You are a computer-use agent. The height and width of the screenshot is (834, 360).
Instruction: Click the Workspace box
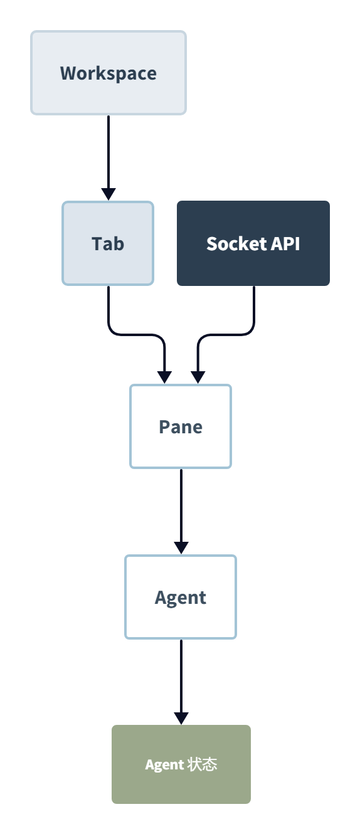[x=109, y=73]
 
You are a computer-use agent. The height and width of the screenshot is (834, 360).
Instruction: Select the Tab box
[x=108, y=243]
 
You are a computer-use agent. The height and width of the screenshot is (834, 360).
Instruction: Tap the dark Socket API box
[x=253, y=243]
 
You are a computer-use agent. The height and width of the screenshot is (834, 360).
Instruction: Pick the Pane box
[x=181, y=426]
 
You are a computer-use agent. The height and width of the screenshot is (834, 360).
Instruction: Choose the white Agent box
[x=181, y=597]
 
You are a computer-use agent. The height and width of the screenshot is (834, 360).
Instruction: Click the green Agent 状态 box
[x=181, y=764]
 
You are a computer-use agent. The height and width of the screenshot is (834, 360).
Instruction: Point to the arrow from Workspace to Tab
[x=109, y=158]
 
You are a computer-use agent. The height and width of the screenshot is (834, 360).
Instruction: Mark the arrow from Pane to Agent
[x=181, y=512]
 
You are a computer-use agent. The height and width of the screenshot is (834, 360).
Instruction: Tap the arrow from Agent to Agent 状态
[x=181, y=682]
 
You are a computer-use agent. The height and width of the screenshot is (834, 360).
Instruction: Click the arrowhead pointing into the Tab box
[x=109, y=194]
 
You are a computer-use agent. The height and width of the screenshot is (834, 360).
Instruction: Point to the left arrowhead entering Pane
[x=164, y=377]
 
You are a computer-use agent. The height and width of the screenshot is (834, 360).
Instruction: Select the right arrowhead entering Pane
[x=198, y=377]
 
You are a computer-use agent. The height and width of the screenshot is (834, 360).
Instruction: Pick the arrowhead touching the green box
[x=181, y=719]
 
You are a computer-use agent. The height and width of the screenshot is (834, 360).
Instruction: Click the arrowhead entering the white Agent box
[x=181, y=548]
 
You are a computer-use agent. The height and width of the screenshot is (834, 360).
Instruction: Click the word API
[x=285, y=244]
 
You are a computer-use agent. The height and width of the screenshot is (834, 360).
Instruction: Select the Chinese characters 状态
[x=202, y=764]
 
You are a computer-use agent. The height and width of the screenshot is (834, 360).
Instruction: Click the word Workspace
[x=109, y=73]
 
